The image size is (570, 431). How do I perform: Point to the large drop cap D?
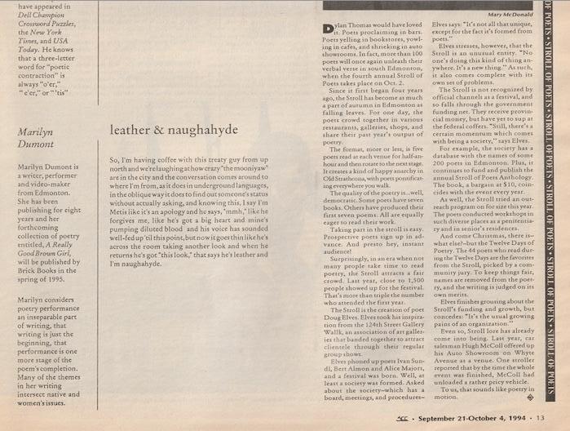point(329,29)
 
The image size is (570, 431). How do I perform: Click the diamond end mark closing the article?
point(530,399)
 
